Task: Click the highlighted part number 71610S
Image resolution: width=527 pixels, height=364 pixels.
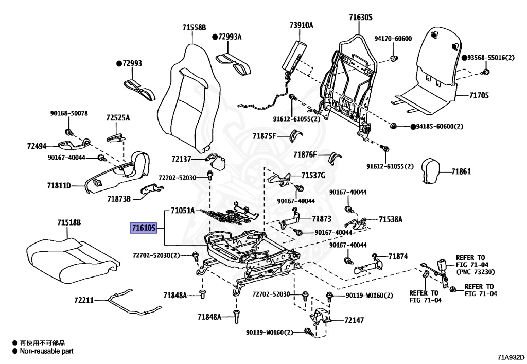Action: [x=144, y=228]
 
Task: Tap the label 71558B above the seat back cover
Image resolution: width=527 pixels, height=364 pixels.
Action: [x=194, y=28]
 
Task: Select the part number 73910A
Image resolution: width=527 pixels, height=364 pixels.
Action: [x=302, y=25]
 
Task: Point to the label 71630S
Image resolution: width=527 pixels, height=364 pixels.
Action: [x=361, y=17]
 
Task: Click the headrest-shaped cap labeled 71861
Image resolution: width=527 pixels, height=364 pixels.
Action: [x=431, y=170]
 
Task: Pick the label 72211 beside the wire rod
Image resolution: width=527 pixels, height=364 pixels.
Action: [x=84, y=300]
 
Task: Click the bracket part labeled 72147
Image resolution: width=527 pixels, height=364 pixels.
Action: [x=319, y=318]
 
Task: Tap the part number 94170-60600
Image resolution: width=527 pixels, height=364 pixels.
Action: [x=393, y=39]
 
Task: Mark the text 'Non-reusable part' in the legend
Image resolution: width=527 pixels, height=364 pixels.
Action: [x=46, y=351]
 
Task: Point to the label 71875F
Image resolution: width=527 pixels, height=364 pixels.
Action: [x=265, y=136]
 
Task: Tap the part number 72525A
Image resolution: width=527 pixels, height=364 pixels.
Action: [x=118, y=117]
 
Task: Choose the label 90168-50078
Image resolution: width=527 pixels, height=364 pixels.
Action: [x=69, y=113]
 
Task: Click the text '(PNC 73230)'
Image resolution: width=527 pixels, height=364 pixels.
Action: [x=475, y=271]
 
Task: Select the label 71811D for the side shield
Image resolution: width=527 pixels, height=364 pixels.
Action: [x=59, y=185]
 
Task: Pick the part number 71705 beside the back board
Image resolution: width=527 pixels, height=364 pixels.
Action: [x=479, y=95]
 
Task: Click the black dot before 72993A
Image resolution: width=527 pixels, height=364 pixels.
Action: [x=215, y=37]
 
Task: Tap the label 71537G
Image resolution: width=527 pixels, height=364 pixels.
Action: [x=313, y=176]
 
